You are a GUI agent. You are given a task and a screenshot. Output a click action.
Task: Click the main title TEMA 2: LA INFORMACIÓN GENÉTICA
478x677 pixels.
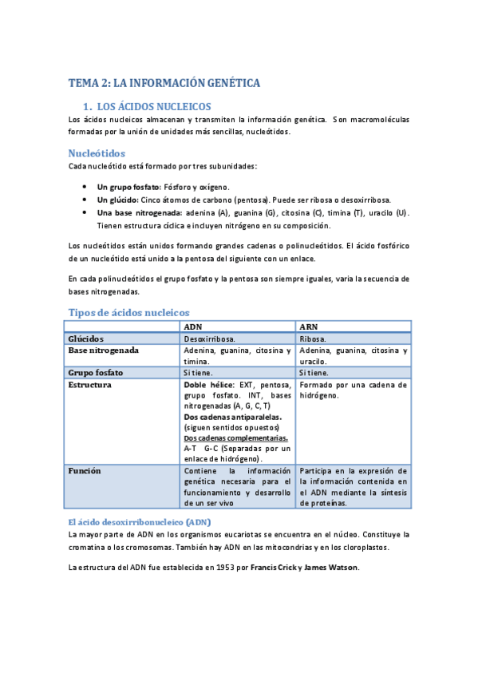(x=164, y=82)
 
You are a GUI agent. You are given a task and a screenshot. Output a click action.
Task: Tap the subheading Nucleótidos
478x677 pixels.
(x=97, y=152)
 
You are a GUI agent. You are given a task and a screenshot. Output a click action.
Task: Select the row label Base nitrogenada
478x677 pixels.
(x=104, y=350)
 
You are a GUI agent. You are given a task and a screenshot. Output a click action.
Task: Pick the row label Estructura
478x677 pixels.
(x=90, y=385)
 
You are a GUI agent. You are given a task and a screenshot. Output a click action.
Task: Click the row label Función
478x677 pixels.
(x=85, y=471)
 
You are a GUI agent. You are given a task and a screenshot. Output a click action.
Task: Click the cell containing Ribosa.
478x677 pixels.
(x=314, y=339)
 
